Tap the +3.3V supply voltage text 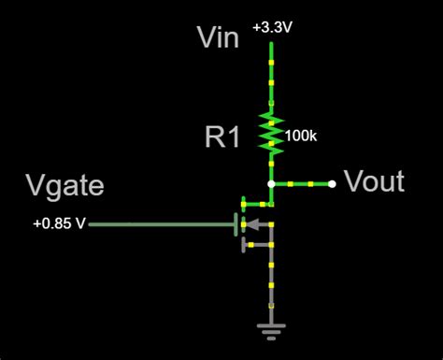click(x=271, y=28)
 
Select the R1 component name click(x=223, y=137)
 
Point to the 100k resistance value click(x=301, y=137)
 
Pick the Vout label click(x=374, y=181)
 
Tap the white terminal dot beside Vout click(x=333, y=183)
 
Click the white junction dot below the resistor click(x=271, y=183)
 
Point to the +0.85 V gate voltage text click(x=58, y=224)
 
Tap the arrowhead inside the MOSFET click(x=249, y=224)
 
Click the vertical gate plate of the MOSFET click(x=235, y=224)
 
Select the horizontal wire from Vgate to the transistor click(x=159, y=224)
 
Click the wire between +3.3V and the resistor click(x=271, y=70)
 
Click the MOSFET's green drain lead click(x=256, y=201)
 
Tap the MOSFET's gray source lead click(x=257, y=247)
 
